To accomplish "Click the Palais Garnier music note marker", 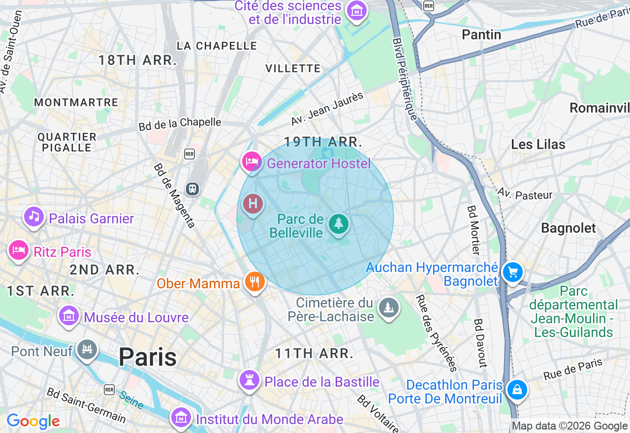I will [x=33, y=216].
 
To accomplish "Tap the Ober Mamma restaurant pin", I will [x=254, y=281].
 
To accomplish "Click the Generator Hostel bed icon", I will [x=252, y=161].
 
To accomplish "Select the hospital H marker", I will [x=253, y=203].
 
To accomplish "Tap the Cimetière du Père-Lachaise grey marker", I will [x=389, y=308].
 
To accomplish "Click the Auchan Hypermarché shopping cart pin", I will [x=512, y=272].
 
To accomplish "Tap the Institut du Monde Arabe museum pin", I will [x=181, y=417].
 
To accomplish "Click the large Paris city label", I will [x=147, y=357].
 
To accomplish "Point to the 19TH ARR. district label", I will [x=323, y=142].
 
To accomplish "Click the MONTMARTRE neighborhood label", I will [x=76, y=102].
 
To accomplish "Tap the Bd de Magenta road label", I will [x=175, y=195].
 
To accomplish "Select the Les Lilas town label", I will [x=538, y=144].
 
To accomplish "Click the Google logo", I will [x=33, y=421].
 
